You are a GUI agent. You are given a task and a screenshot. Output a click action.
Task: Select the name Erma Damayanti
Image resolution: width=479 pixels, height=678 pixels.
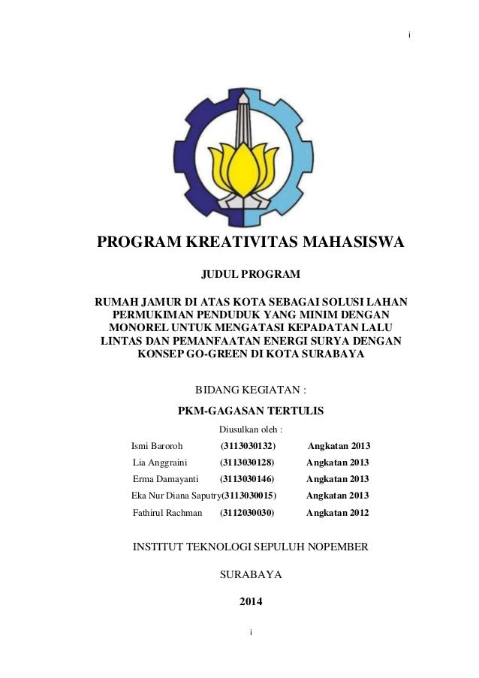pyautogui.click(x=165, y=478)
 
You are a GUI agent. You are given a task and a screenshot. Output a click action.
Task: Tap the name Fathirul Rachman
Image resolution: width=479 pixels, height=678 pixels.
pyautogui.click(x=167, y=513)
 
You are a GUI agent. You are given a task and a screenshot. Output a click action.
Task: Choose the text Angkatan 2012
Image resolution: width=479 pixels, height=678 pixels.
pyautogui.click(x=339, y=513)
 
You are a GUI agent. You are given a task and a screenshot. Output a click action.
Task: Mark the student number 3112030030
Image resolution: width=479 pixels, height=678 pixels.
pyautogui.click(x=247, y=513)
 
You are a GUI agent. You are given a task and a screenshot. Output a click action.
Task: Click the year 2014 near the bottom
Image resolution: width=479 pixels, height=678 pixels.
pyautogui.click(x=251, y=601)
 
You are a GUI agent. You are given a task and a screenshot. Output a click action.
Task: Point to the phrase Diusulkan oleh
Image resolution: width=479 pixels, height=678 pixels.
pyautogui.click(x=249, y=430)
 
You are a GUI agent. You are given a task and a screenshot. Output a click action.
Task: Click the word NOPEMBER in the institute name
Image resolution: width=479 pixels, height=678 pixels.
pyautogui.click(x=333, y=547)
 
